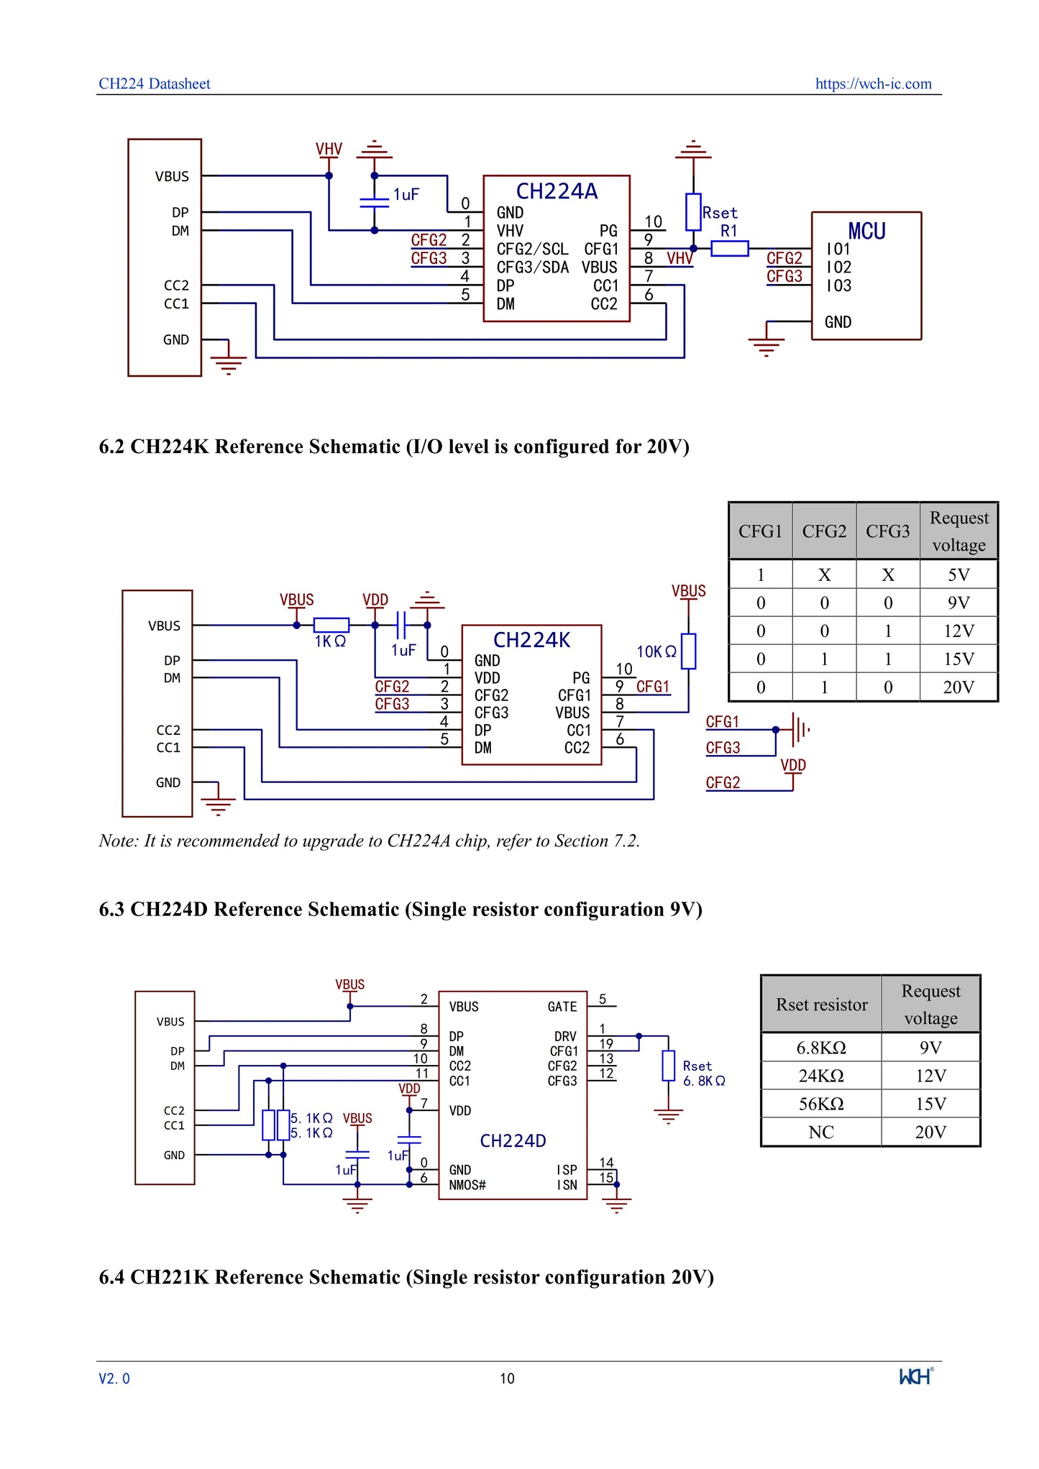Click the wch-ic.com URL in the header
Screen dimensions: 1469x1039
point(873,83)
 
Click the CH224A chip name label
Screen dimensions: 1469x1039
point(557,191)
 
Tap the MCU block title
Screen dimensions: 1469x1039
point(866,232)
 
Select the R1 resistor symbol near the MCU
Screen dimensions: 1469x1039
point(729,249)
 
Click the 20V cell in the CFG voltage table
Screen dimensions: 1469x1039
point(958,687)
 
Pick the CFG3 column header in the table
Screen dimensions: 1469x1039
point(887,531)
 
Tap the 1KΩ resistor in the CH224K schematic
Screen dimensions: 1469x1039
point(331,626)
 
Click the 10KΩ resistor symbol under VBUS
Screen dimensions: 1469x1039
point(688,651)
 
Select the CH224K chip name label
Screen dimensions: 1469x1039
point(531,640)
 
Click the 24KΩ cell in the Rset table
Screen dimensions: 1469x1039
point(821,1076)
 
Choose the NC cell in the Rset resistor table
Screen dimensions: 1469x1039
point(821,1132)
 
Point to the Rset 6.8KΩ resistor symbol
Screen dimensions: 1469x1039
point(669,1066)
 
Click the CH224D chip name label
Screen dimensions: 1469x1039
point(513,1141)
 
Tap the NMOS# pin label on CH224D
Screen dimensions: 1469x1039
point(467,1185)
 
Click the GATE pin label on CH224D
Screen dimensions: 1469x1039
point(562,1007)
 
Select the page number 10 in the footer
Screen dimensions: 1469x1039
point(507,1378)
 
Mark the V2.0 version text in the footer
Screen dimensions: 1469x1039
point(114,1378)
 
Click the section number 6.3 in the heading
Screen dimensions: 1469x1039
point(111,910)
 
